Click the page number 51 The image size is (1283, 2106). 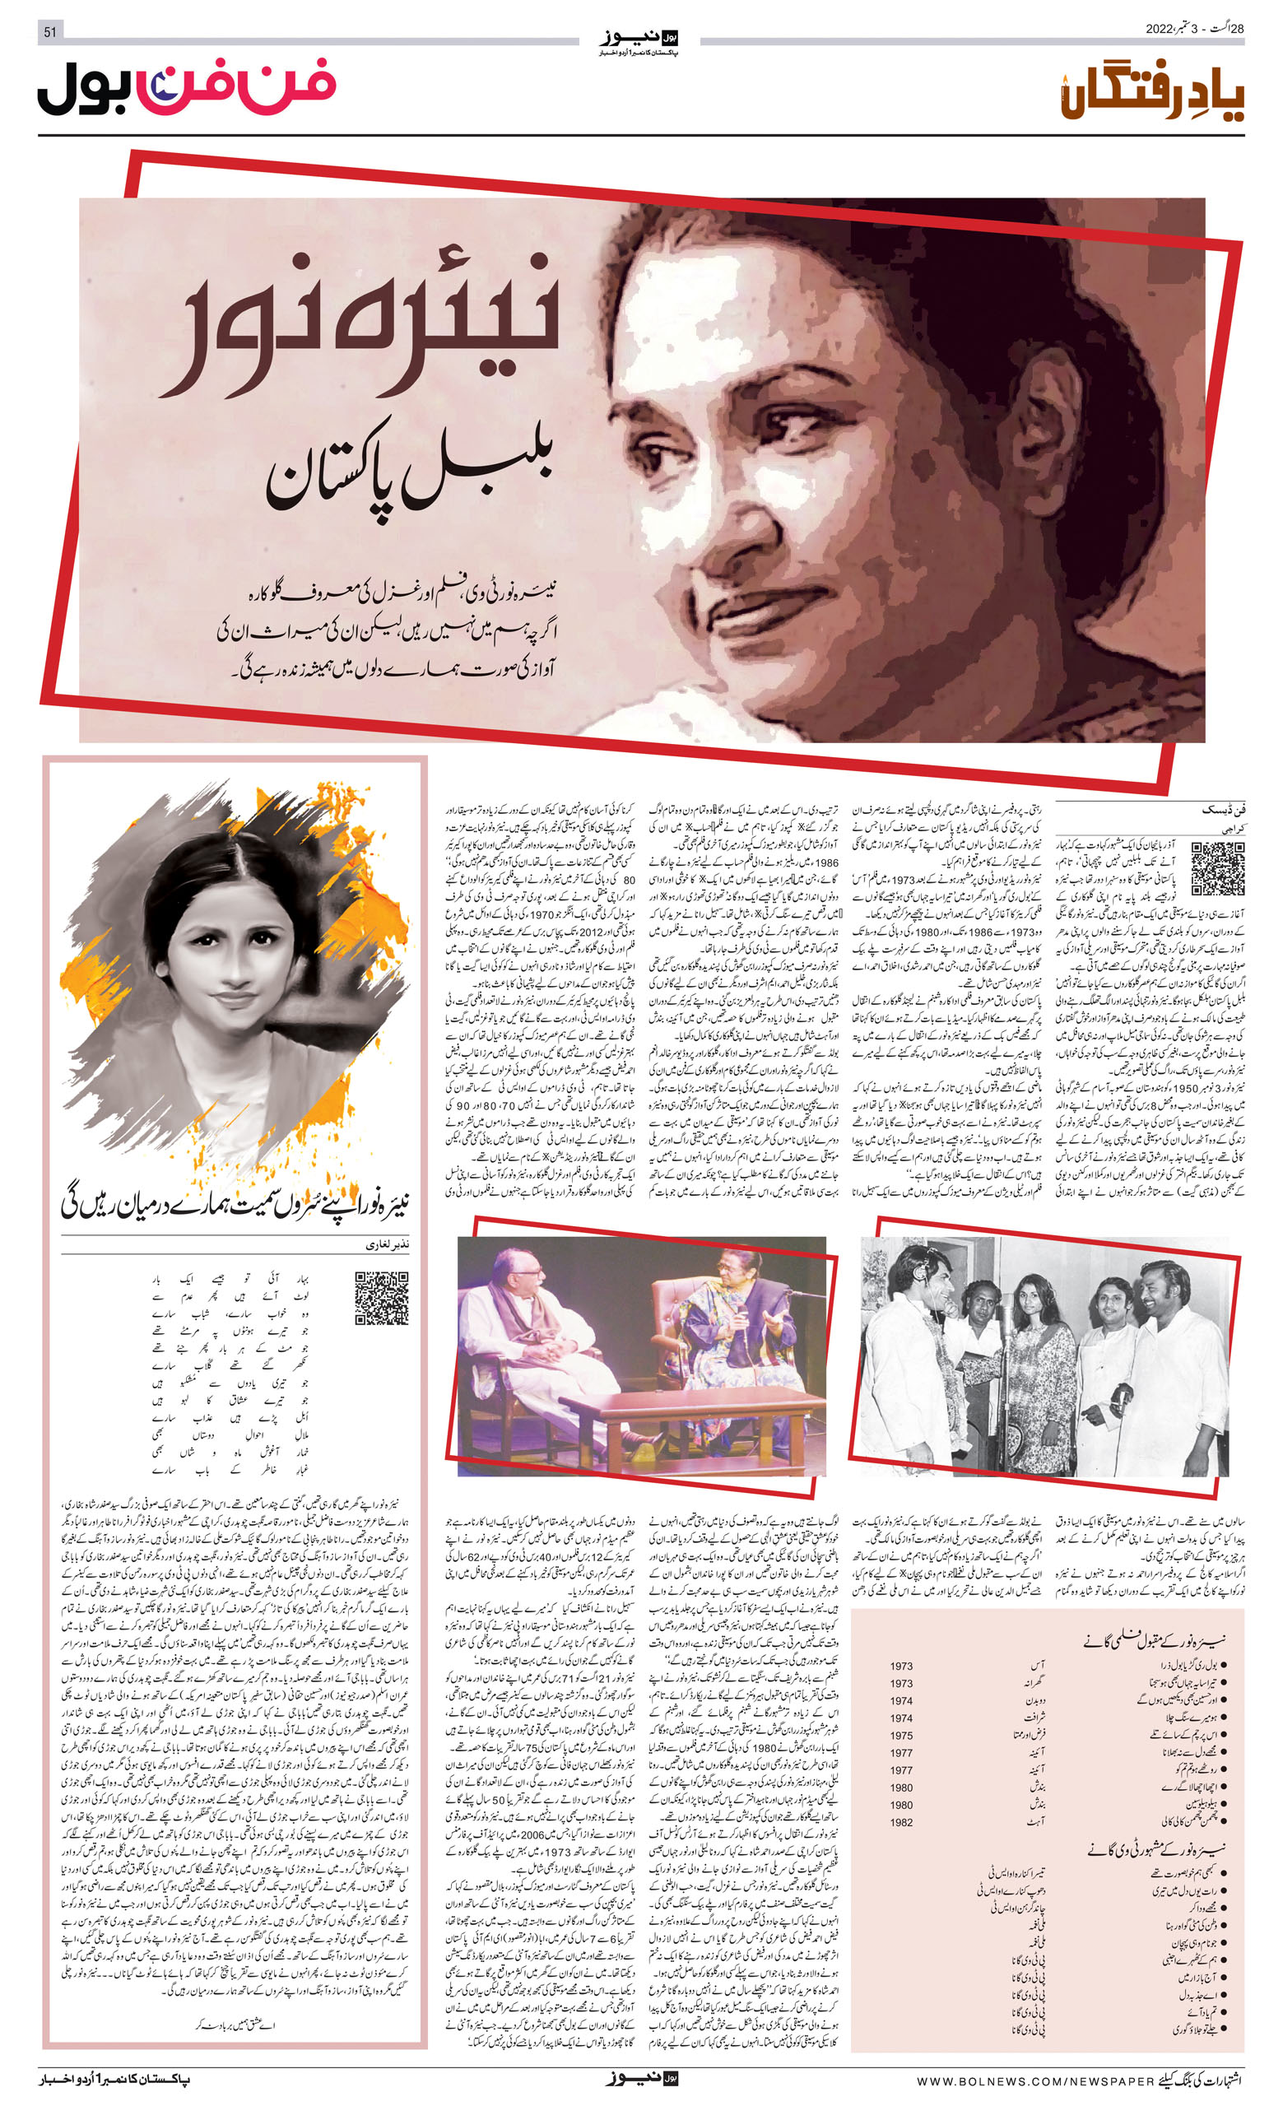(x=49, y=32)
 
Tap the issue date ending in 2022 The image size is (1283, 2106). (x=1194, y=29)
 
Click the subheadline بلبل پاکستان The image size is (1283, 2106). (x=411, y=472)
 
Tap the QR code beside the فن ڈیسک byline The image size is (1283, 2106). (x=1217, y=867)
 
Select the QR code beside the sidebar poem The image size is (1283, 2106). (x=381, y=1298)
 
